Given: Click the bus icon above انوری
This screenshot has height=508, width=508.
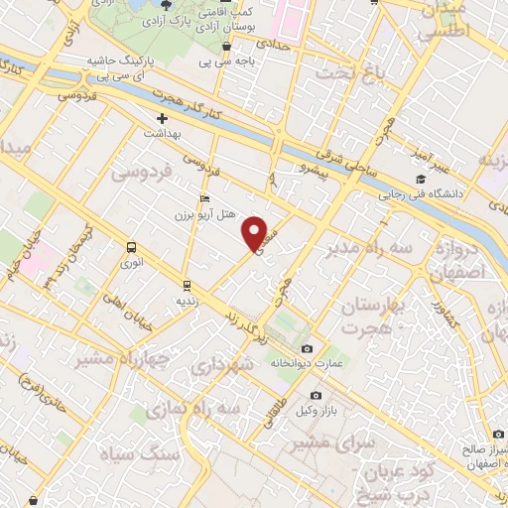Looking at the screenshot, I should point(131,247).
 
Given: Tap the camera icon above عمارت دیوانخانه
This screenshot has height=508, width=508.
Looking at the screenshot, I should point(307,348).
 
